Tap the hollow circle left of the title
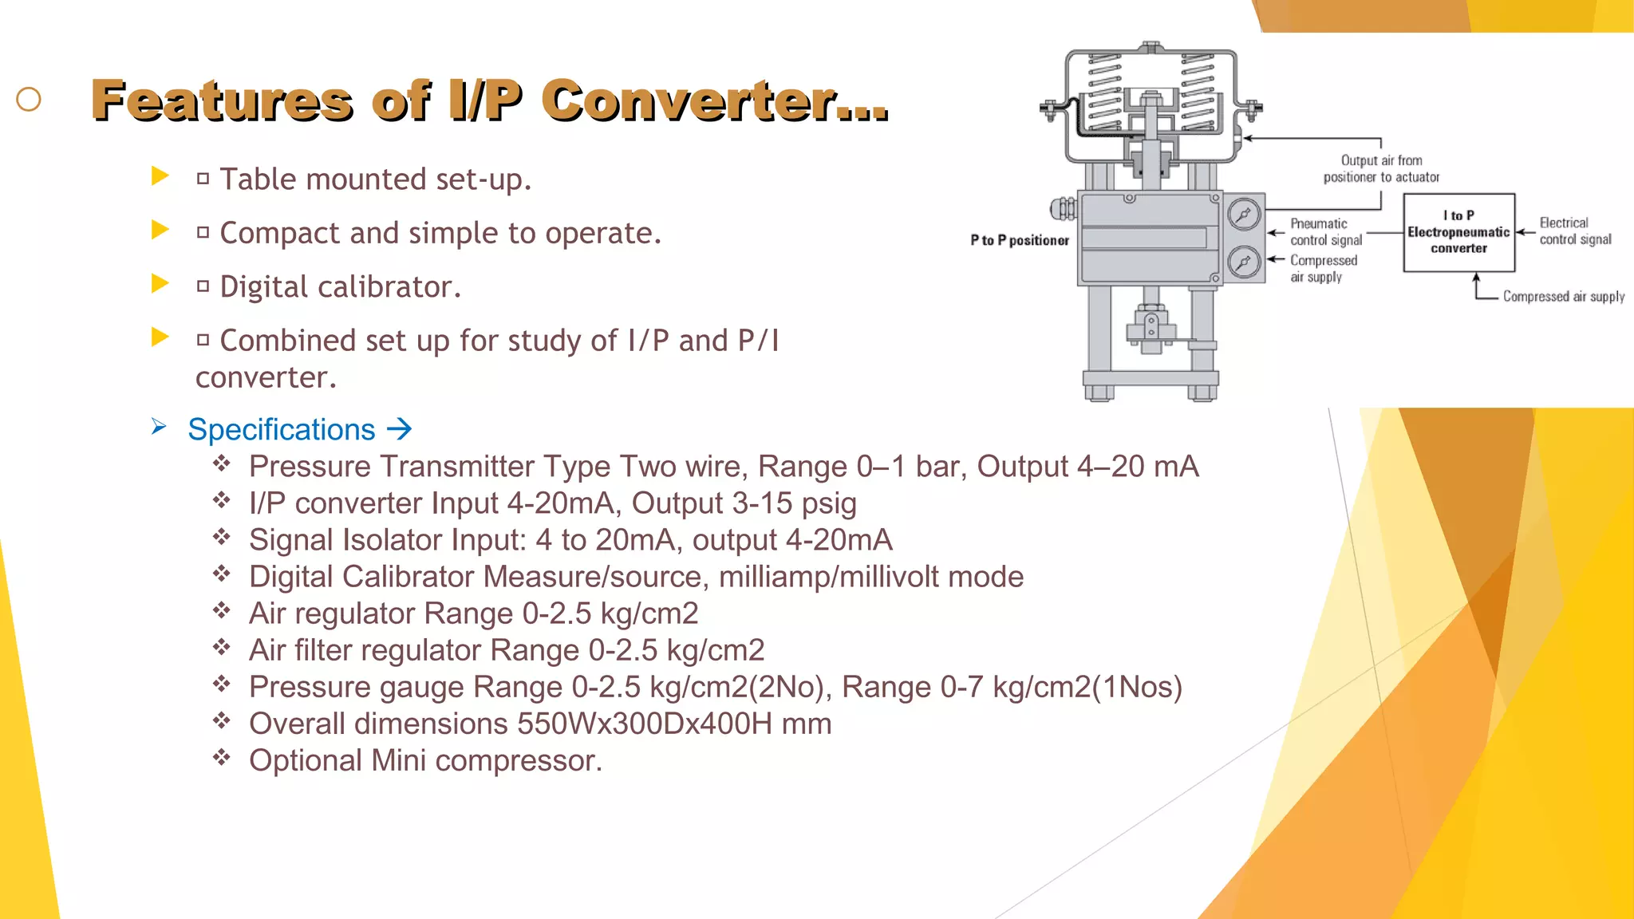tap(29, 100)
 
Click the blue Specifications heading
tap(281, 430)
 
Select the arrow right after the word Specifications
tap(399, 430)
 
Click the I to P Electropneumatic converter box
tap(1458, 232)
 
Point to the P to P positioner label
tap(1019, 240)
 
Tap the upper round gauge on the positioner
tap(1243, 215)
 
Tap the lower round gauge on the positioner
tap(1243, 262)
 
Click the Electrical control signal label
tap(1575, 231)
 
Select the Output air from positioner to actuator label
tap(1381, 169)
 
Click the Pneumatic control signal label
tap(1326, 232)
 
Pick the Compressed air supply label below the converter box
tap(1563, 297)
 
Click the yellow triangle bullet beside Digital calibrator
tap(160, 283)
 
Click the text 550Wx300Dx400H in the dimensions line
tap(645, 724)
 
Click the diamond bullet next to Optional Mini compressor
tap(222, 757)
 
